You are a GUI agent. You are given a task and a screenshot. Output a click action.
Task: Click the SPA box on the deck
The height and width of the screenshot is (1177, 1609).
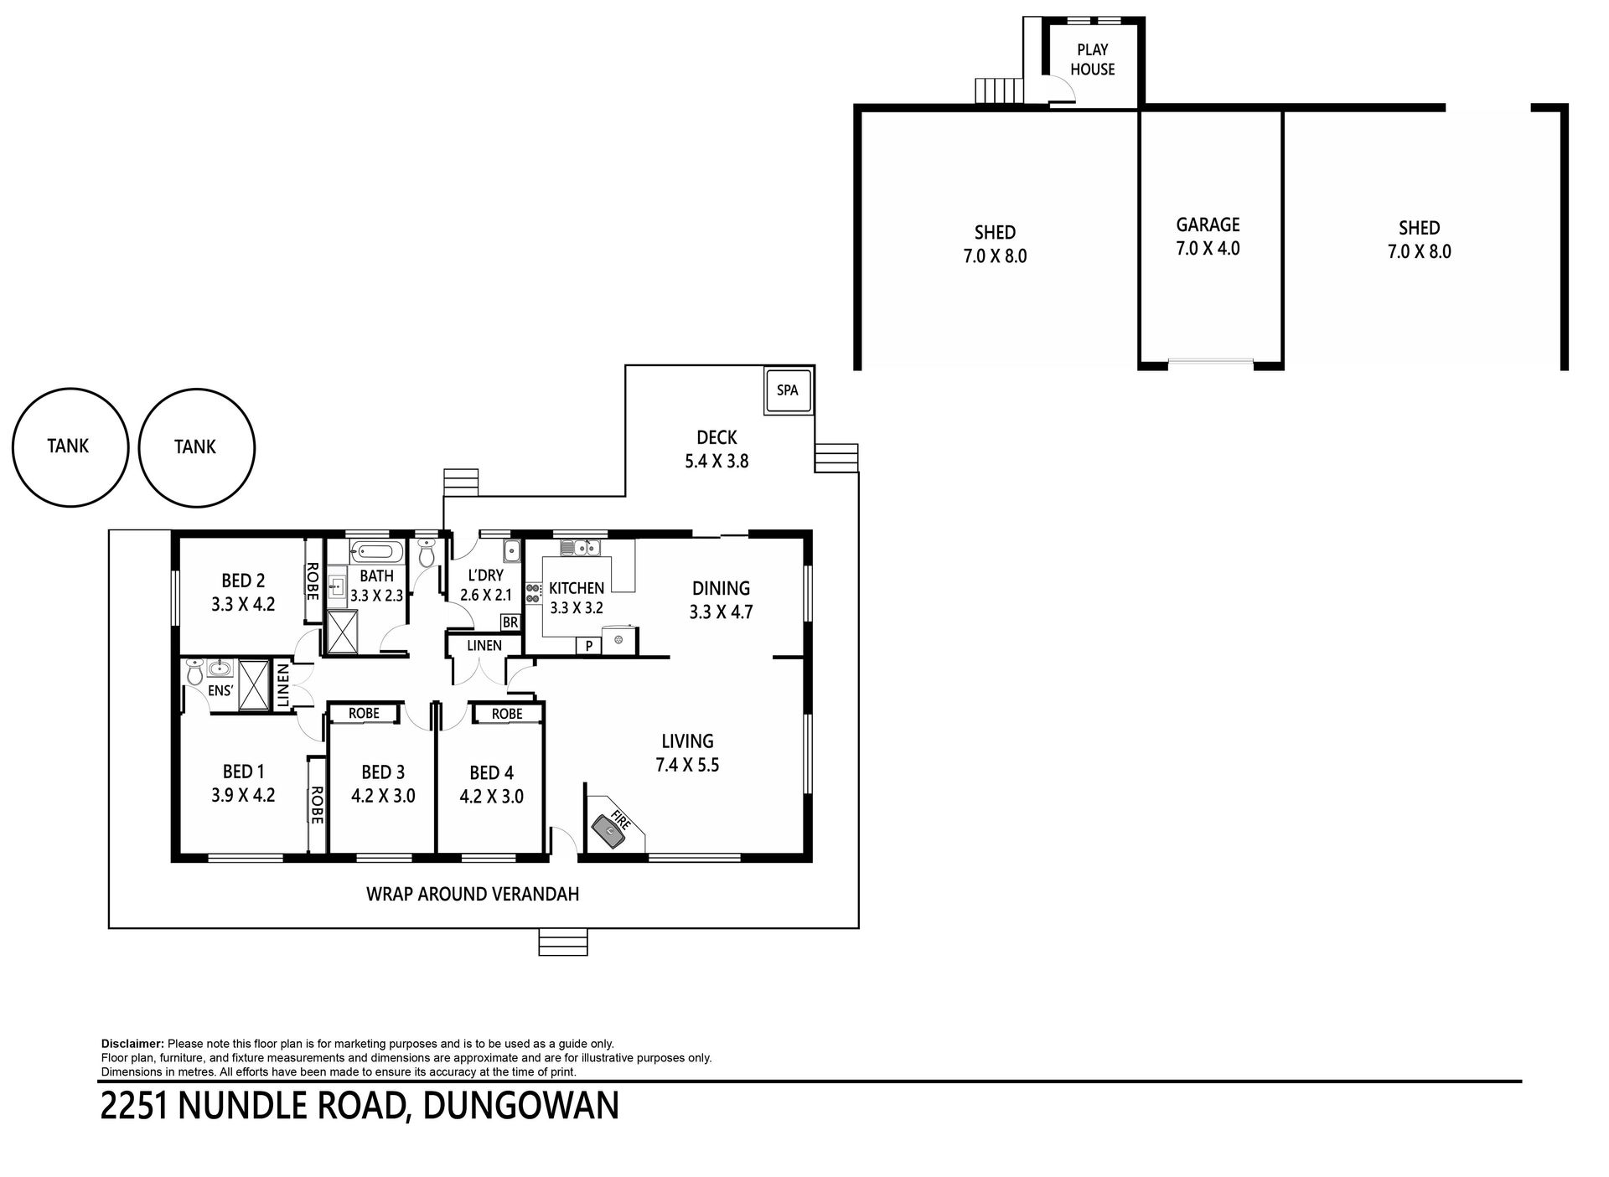pos(788,391)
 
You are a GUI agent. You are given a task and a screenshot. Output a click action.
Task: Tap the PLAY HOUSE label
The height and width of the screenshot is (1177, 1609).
pos(1093,59)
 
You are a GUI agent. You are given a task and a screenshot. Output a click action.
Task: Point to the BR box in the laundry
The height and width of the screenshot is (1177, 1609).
pos(510,623)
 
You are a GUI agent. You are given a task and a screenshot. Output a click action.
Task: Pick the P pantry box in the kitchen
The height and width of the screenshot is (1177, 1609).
pos(588,646)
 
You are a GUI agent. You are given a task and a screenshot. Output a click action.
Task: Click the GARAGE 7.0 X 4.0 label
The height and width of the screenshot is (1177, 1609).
pos(1208,236)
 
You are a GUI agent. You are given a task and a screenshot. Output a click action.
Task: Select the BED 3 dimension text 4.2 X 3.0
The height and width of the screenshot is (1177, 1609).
pos(383,795)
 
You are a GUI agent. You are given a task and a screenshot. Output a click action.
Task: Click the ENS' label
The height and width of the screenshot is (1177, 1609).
pos(221,691)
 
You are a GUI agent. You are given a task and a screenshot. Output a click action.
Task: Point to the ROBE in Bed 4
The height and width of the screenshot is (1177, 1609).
pos(507,714)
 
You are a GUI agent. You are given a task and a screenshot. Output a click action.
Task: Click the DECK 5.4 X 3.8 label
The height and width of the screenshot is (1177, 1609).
pos(717,448)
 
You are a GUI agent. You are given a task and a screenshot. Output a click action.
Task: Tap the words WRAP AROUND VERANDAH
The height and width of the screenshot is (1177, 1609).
pos(473,894)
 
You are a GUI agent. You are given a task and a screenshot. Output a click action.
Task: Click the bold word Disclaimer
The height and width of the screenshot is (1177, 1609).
pos(132,1044)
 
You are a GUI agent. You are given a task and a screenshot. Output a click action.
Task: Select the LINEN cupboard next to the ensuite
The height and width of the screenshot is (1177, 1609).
pos(282,684)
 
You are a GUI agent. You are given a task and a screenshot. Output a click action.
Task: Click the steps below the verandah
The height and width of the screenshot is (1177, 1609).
pos(562,941)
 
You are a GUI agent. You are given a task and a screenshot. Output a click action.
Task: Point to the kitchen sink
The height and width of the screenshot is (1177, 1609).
pos(580,549)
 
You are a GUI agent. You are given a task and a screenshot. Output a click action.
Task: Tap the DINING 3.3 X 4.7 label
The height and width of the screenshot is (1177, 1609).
pos(721,600)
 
